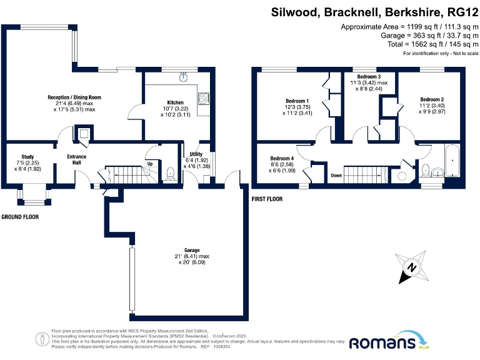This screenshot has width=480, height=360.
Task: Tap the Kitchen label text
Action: [175, 102]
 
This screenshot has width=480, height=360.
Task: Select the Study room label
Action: [27, 157]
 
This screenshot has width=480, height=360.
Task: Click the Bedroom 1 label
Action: [297, 101]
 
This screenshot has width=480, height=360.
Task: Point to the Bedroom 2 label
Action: [432, 99]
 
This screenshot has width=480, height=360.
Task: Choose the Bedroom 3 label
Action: [368, 76]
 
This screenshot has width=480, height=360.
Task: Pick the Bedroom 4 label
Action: [282, 158]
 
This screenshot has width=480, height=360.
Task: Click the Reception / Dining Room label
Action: [74, 97]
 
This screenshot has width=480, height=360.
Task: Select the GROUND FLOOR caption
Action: [19, 217]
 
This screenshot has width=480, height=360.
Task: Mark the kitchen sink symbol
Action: [184, 77]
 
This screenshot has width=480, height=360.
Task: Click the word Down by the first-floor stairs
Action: [336, 176]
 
